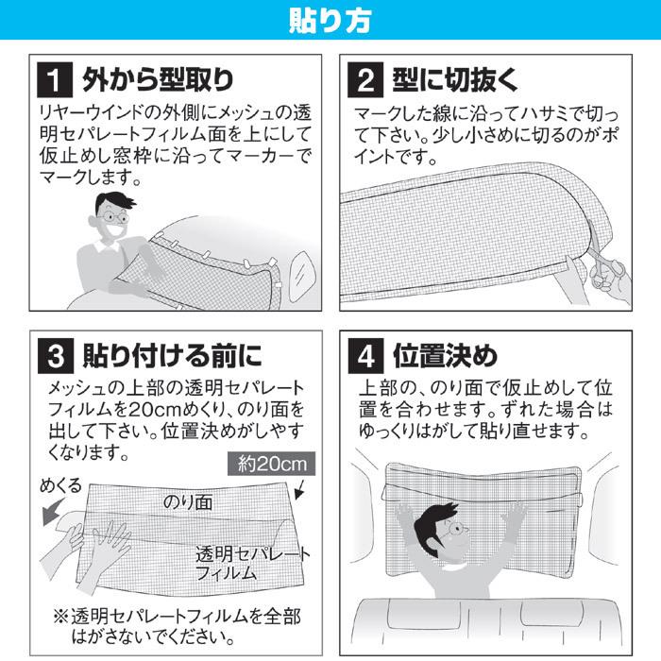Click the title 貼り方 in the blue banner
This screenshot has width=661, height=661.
[330, 20]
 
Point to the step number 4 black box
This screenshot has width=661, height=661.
[364, 357]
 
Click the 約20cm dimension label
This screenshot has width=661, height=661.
[270, 465]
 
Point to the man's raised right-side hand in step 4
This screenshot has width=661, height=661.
[516, 516]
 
